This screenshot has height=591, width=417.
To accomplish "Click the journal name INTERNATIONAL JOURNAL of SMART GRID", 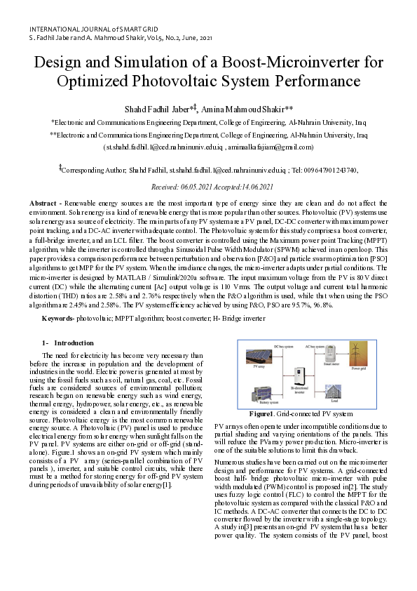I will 88,27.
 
